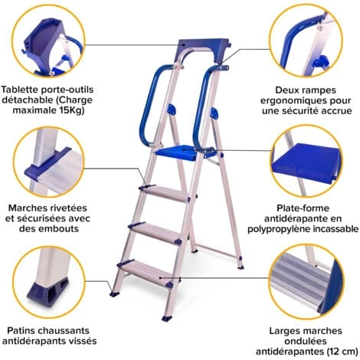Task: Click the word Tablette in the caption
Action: tap(22, 89)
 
